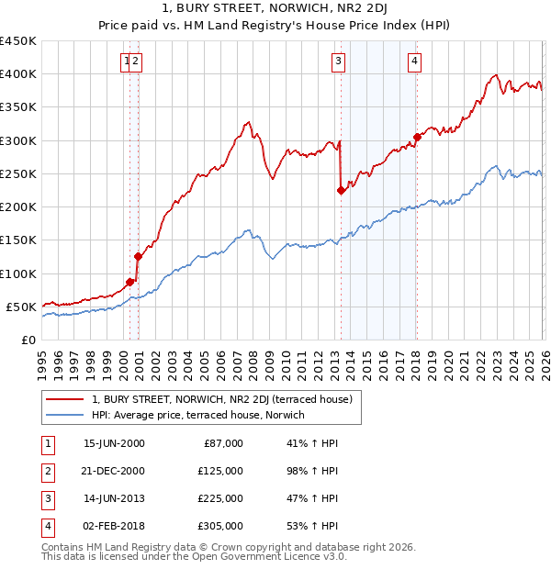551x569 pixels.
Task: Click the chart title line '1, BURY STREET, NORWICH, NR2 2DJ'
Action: [x=275, y=8]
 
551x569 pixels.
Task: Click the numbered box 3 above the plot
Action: [x=338, y=61]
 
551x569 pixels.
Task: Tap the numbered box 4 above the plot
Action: [x=415, y=61]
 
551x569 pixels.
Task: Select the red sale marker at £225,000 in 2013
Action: [x=341, y=191]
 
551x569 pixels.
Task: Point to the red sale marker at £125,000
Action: [x=138, y=257]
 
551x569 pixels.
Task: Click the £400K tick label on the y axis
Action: [x=18, y=74]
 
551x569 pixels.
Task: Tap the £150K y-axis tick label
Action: [x=18, y=240]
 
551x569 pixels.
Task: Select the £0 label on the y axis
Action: [x=28, y=340]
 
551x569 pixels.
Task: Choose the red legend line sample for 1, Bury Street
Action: [x=64, y=399]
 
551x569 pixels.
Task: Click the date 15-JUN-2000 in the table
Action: [x=114, y=443]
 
